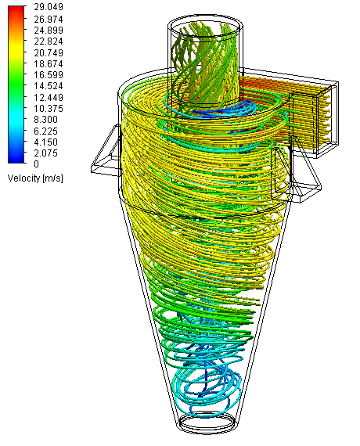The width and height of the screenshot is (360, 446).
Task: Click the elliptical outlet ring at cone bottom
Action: pyautogui.click(x=207, y=423)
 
